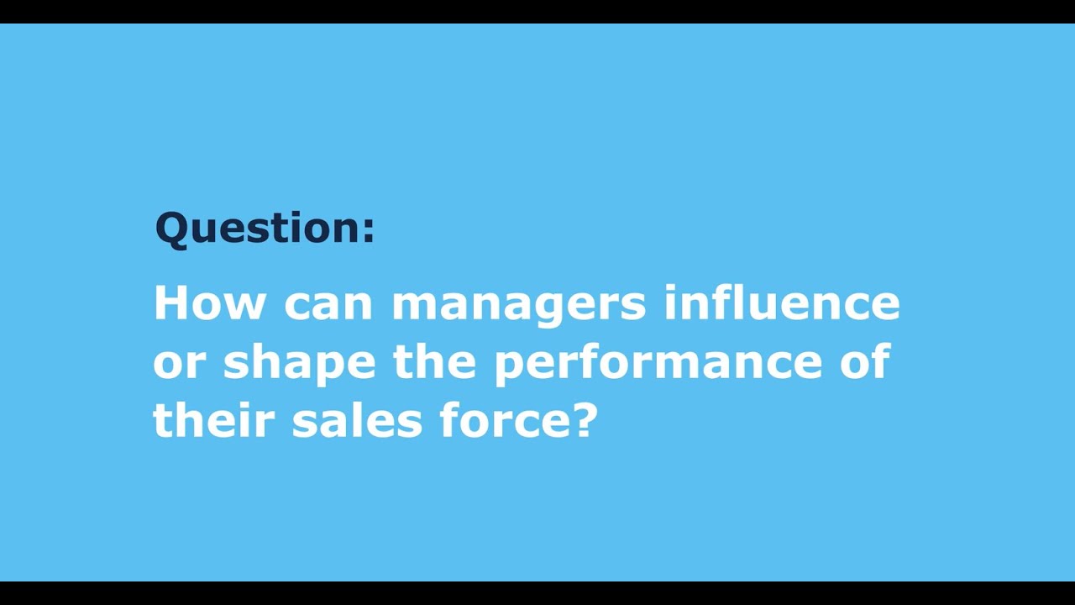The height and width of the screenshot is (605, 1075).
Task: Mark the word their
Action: (214, 421)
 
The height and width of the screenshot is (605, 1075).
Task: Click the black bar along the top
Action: (537, 11)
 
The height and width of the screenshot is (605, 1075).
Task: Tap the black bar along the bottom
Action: (537, 593)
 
